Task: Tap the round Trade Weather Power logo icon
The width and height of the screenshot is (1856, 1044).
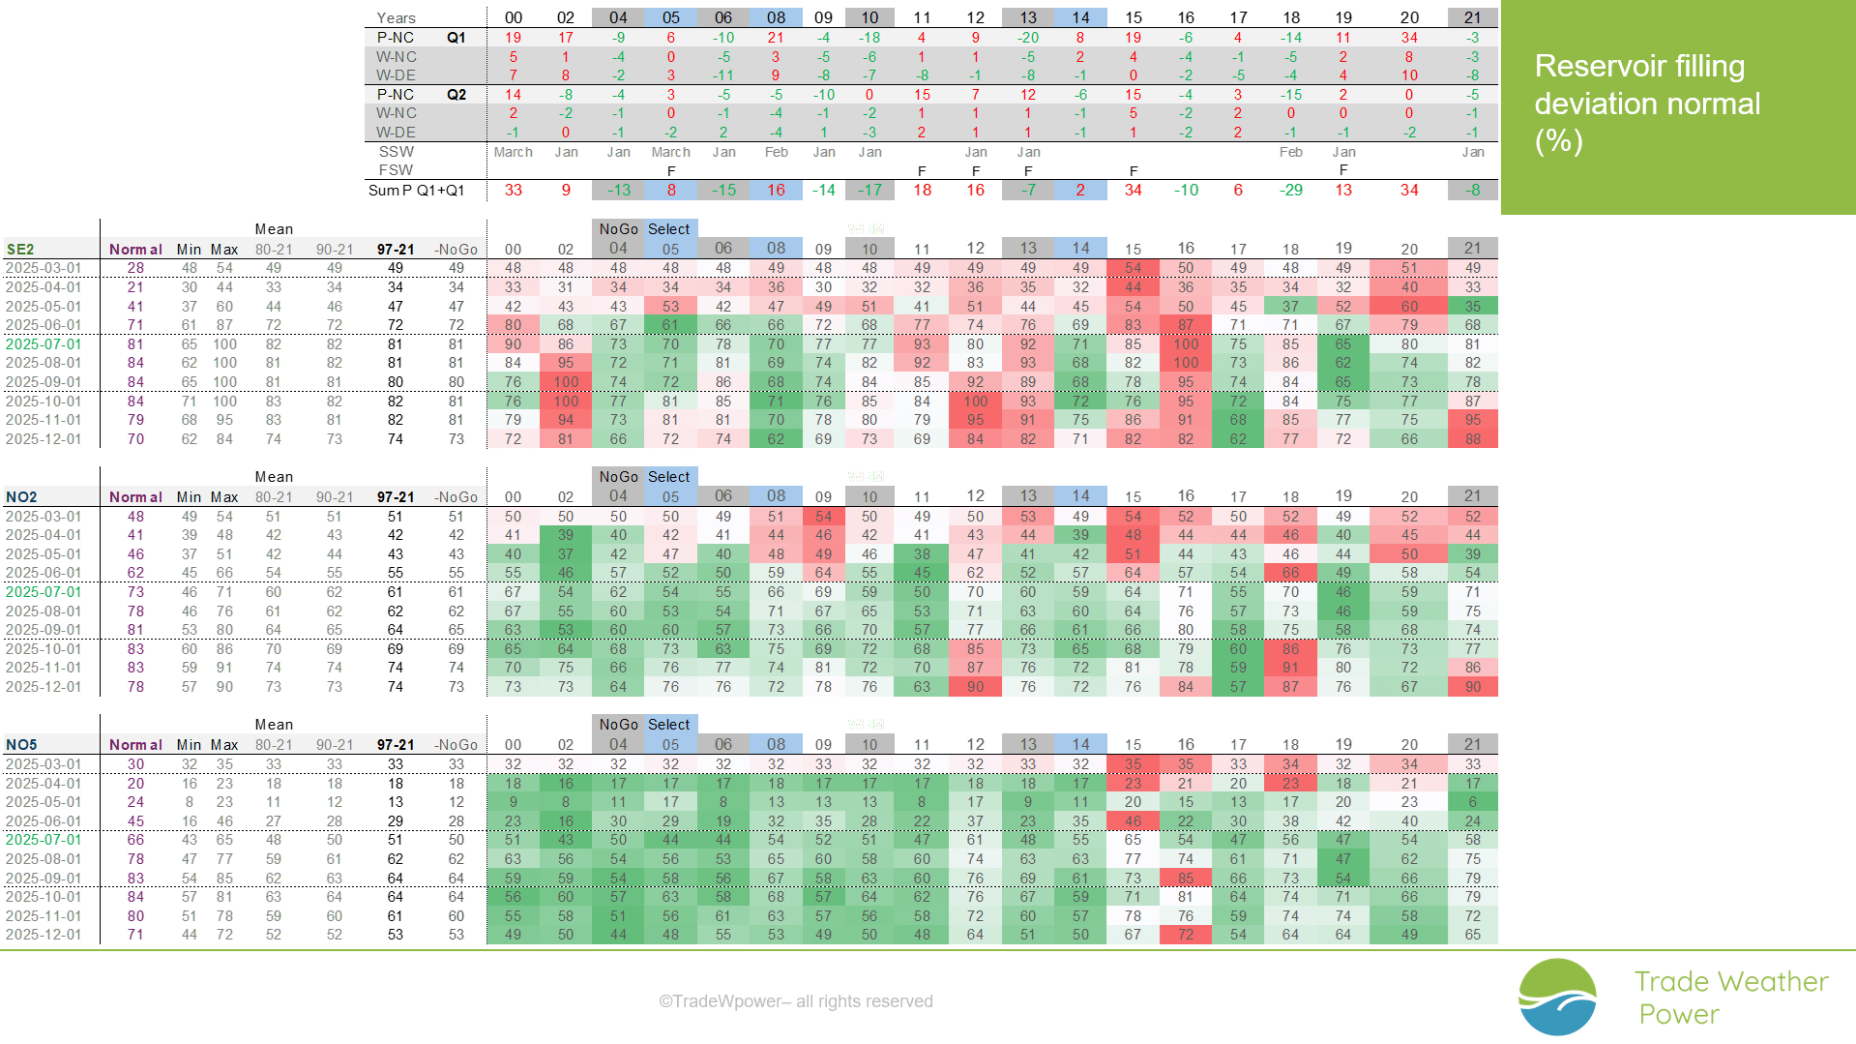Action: coord(1557,997)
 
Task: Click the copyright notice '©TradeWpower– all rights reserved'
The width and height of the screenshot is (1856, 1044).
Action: coord(795,1001)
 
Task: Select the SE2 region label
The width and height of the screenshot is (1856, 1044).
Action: coord(20,249)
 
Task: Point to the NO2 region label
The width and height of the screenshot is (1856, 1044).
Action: coord(21,496)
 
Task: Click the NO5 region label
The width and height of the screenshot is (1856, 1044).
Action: coord(21,744)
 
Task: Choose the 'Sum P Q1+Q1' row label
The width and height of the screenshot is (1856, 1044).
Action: coord(416,190)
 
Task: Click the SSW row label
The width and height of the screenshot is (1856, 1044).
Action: coord(397,152)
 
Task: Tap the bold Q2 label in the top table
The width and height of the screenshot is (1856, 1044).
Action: coord(457,95)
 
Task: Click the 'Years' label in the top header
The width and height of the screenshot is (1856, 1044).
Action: coord(396,17)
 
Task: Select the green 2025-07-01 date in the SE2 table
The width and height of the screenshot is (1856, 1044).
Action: coord(44,343)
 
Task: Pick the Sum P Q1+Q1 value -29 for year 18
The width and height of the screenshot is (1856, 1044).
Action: coord(1291,190)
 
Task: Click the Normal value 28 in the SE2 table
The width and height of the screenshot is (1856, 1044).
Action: coord(135,268)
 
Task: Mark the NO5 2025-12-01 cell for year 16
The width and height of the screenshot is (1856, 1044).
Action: coord(1186,935)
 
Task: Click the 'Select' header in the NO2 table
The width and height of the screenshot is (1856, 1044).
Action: coord(669,477)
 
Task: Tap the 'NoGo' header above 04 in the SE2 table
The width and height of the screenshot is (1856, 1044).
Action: coord(618,229)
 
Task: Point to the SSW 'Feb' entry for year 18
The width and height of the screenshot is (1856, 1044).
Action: coord(1291,152)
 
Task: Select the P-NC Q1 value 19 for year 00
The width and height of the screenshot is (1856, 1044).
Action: coord(514,38)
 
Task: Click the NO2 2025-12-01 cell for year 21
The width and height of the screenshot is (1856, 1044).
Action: coord(1472,687)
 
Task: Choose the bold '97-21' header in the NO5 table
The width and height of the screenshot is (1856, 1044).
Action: coord(396,744)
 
